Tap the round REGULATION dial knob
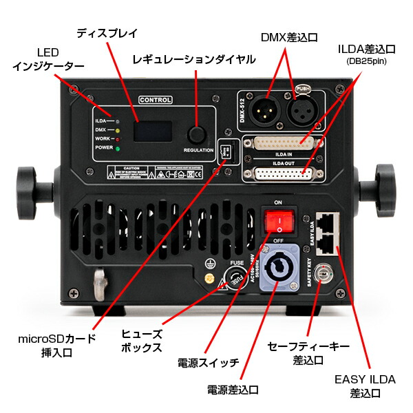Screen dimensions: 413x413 (198, 134)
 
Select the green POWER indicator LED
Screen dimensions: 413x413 (118, 147)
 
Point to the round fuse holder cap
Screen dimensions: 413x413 (234, 281)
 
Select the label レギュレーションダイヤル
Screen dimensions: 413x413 (194, 60)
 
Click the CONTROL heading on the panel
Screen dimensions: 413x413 (156, 100)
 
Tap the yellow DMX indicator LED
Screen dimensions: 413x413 (118, 129)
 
